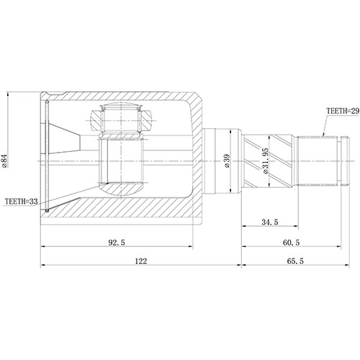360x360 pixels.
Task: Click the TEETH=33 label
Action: coord(21,202)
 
